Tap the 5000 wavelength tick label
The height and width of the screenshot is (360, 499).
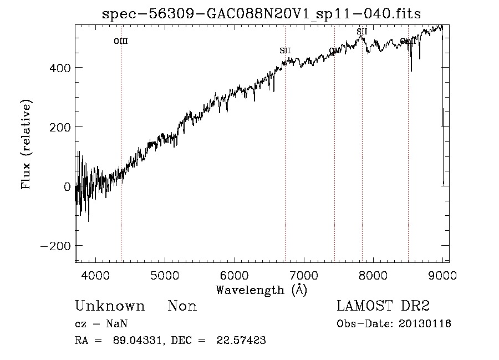165,275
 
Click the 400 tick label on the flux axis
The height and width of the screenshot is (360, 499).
59,68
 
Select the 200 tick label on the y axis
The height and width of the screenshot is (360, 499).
59,127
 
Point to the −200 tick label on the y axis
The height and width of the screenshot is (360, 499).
55,246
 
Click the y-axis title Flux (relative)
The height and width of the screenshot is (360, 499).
26,144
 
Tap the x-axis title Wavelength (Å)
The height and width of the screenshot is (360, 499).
261,290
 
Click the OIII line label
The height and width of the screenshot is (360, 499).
121,41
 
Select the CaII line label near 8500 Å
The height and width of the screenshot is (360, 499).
408,42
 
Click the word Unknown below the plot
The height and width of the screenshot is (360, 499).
110,306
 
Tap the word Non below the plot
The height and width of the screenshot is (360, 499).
182,306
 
